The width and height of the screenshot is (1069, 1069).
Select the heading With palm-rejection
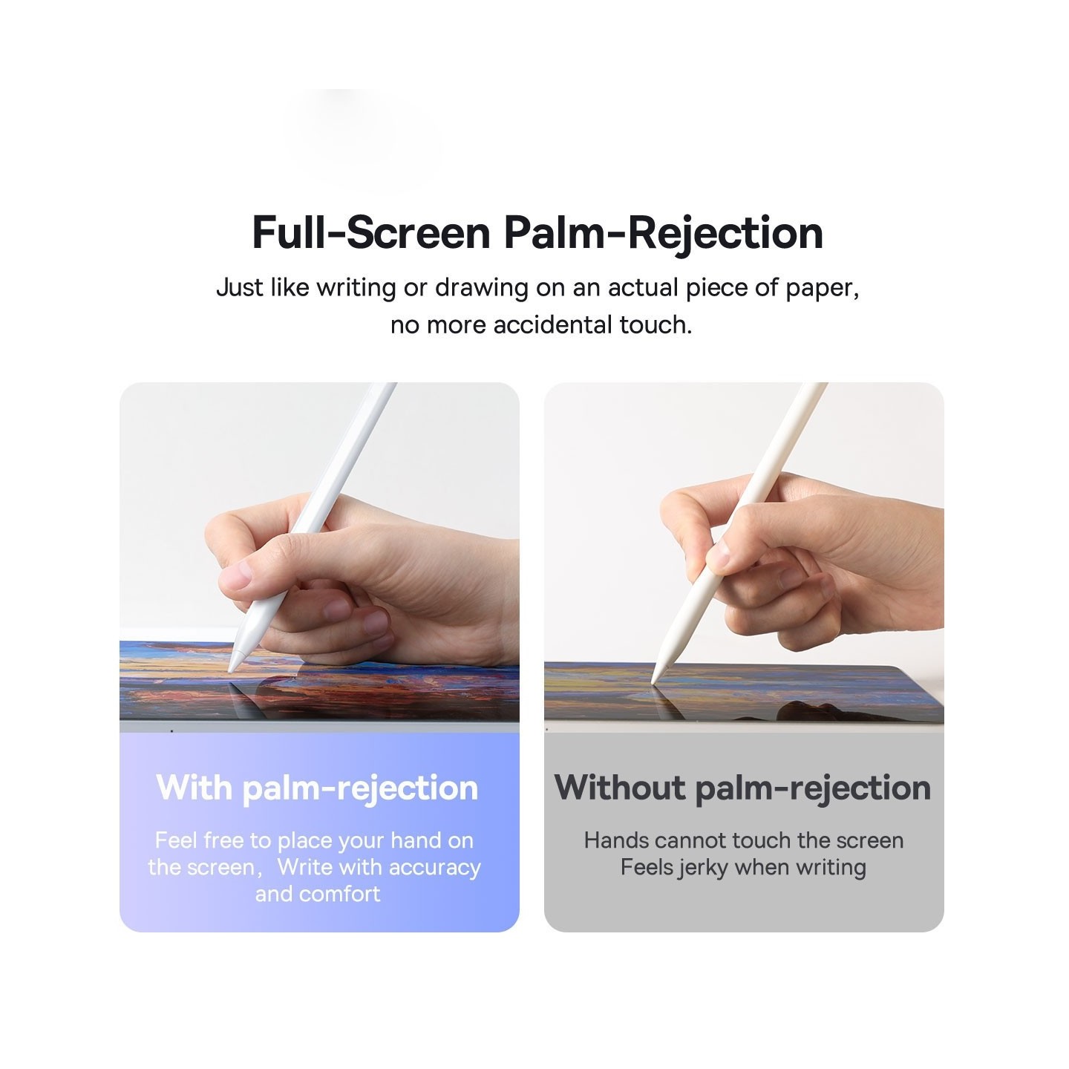pos(317,788)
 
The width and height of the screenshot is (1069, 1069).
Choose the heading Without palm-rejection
pos(742,788)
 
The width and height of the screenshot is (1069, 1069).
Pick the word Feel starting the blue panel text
pos(177,840)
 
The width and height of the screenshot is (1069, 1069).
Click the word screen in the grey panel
pos(869,840)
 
